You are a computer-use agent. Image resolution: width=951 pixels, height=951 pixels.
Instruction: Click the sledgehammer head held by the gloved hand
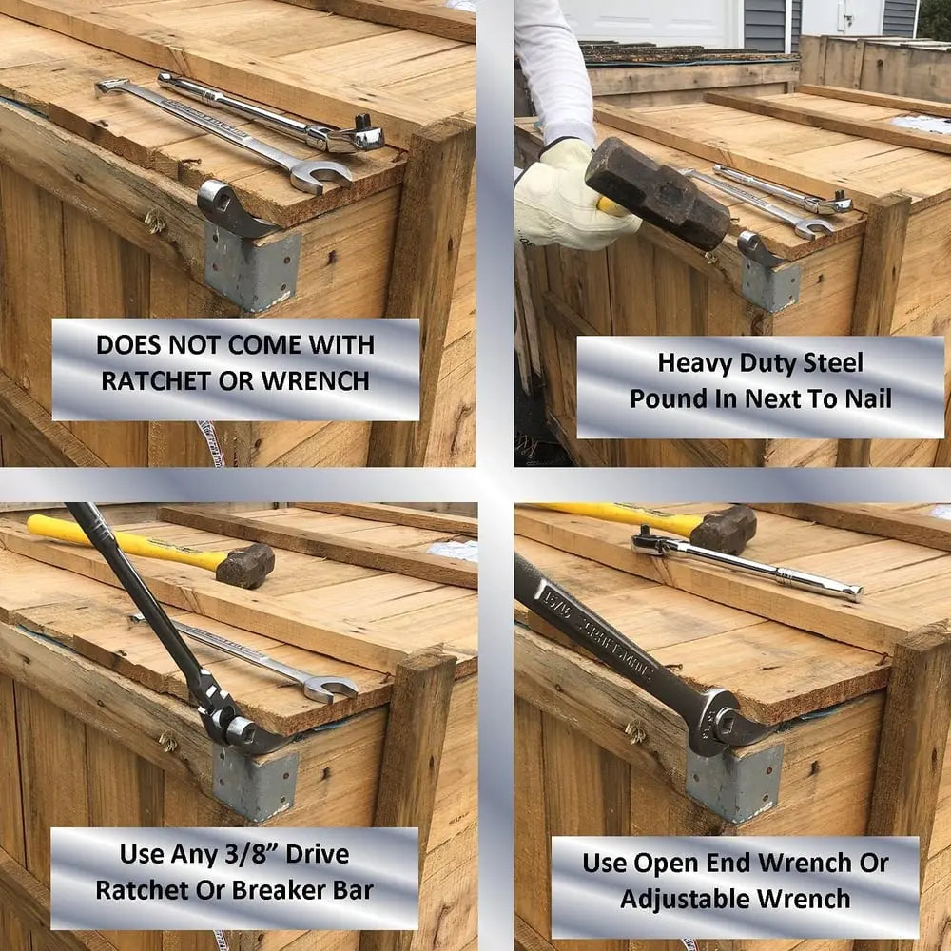pos(656,193)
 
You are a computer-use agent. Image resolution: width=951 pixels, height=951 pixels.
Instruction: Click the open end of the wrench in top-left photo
pos(320,175)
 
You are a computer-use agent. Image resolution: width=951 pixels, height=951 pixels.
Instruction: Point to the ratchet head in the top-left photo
pos(354,139)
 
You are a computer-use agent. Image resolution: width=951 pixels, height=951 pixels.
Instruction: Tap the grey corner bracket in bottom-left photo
pos(254,782)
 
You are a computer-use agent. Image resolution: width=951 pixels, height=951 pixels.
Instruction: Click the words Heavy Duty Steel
pos(761,362)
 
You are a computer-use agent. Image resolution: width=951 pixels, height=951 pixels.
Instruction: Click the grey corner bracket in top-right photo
pos(770,282)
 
